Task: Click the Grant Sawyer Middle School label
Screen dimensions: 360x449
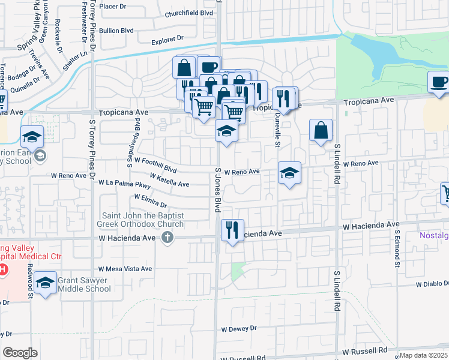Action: pos(85,284)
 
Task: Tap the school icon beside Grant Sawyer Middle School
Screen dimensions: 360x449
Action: pos(46,283)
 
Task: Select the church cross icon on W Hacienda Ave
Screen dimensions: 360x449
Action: pos(167,238)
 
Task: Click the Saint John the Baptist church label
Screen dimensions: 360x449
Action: pos(140,220)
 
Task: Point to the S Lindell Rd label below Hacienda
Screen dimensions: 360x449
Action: pos(330,290)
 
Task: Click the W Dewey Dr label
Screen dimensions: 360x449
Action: pos(239,329)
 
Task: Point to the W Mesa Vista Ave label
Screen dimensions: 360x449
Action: pos(125,269)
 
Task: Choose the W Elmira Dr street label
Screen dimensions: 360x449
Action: pos(151,200)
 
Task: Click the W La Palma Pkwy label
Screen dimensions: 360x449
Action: pos(125,182)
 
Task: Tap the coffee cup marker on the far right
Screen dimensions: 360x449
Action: pos(438,82)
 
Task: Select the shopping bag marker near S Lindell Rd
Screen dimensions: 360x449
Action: pos(321,130)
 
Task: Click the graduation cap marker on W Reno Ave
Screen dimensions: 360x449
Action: pos(289,173)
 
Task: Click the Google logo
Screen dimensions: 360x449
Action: pos(20,353)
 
